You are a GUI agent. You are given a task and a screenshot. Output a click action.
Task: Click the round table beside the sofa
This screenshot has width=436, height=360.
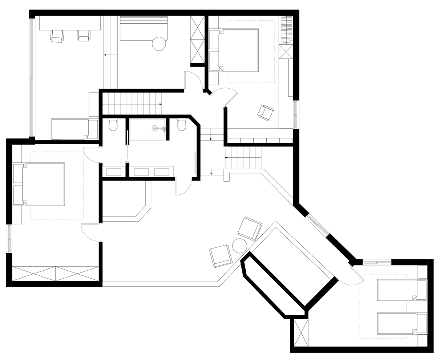click(x=158, y=44)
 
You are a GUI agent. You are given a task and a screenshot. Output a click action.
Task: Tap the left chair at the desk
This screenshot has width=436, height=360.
click(x=57, y=36)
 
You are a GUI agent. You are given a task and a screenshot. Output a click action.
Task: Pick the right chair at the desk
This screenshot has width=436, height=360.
click(x=84, y=35)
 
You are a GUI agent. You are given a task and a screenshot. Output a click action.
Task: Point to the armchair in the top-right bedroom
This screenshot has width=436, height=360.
click(x=266, y=113)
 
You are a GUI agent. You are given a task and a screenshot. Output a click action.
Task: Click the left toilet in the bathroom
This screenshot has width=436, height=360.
click(x=113, y=125)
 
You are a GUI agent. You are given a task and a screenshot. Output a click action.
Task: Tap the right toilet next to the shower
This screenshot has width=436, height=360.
click(x=182, y=125)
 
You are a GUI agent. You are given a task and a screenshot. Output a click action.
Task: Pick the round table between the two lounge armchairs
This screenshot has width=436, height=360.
click(x=239, y=246)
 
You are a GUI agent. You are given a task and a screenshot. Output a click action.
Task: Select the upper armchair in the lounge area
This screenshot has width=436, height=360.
click(x=250, y=228)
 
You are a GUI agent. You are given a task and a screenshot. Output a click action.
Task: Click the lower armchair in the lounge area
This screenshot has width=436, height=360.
click(x=221, y=256)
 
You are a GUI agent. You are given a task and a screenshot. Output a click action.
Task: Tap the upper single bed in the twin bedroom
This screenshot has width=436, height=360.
click(x=401, y=290)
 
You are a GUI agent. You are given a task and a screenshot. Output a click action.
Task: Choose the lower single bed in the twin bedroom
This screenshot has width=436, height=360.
click(x=401, y=323)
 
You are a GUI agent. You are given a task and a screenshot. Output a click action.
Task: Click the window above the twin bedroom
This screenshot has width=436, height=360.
click(x=377, y=262)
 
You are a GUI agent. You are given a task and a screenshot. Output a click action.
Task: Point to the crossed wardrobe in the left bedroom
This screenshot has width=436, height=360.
click(x=55, y=274)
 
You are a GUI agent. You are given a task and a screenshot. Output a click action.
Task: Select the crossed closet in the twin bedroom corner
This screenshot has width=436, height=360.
click(x=301, y=333)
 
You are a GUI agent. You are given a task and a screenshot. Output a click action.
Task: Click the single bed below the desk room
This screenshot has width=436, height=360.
click(x=74, y=129)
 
